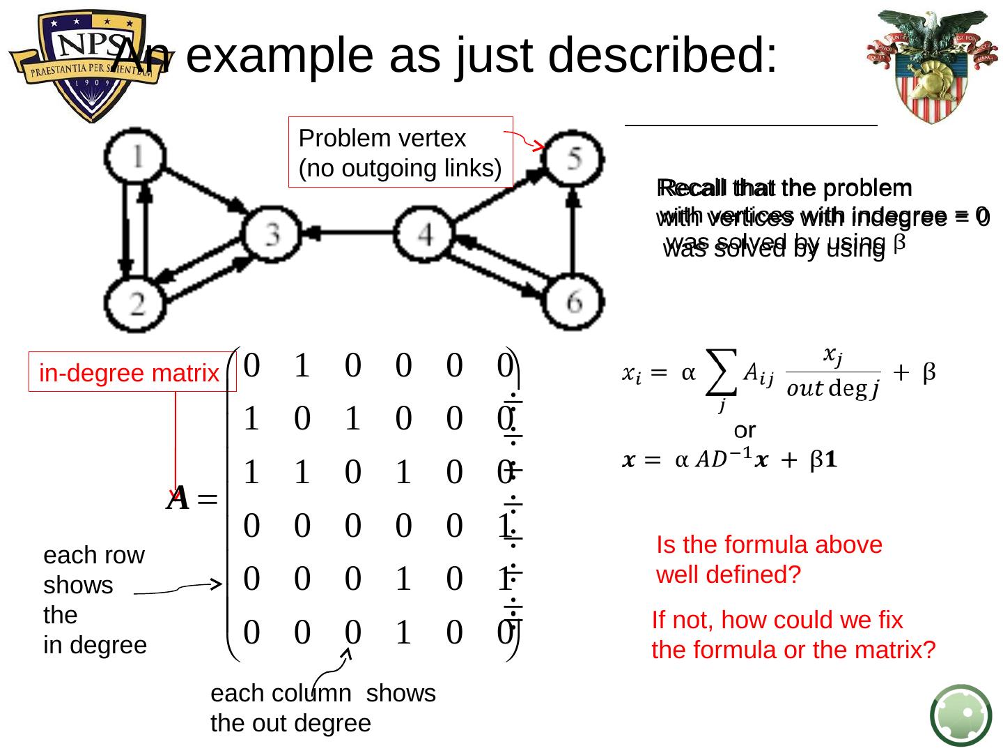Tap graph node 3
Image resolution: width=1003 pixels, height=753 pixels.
coord(271,234)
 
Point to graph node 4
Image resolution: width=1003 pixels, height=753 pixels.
coord(424,234)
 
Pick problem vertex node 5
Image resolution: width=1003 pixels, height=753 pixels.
coord(573,158)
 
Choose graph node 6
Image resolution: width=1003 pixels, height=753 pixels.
coord(573,301)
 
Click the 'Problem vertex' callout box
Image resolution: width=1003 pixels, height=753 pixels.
coord(401,153)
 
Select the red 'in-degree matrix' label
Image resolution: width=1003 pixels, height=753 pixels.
coord(130,373)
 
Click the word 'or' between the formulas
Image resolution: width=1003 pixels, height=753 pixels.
coord(745,429)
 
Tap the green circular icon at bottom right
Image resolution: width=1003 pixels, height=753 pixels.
coord(961,715)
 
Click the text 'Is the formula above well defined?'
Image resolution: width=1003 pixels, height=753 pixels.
coord(769,559)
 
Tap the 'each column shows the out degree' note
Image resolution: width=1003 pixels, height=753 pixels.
coord(322,708)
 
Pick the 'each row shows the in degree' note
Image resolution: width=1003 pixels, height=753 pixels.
coord(95,600)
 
